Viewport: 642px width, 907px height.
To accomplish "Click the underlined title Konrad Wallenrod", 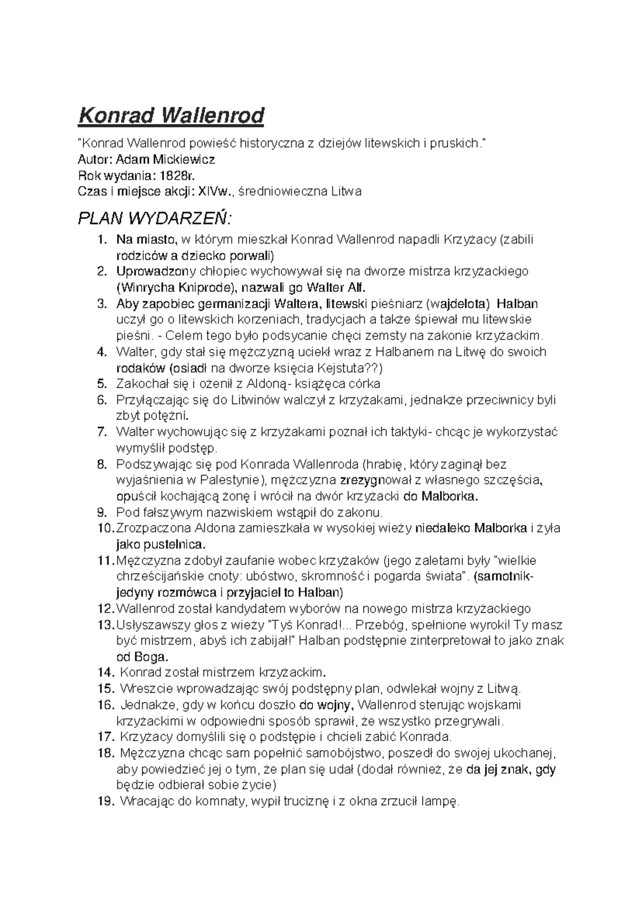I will coord(171,115).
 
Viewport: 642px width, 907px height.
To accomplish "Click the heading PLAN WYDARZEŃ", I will coord(155,219).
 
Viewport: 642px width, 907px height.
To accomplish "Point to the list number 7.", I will coord(103,432).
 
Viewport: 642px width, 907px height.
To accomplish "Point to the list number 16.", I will coord(106,705).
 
